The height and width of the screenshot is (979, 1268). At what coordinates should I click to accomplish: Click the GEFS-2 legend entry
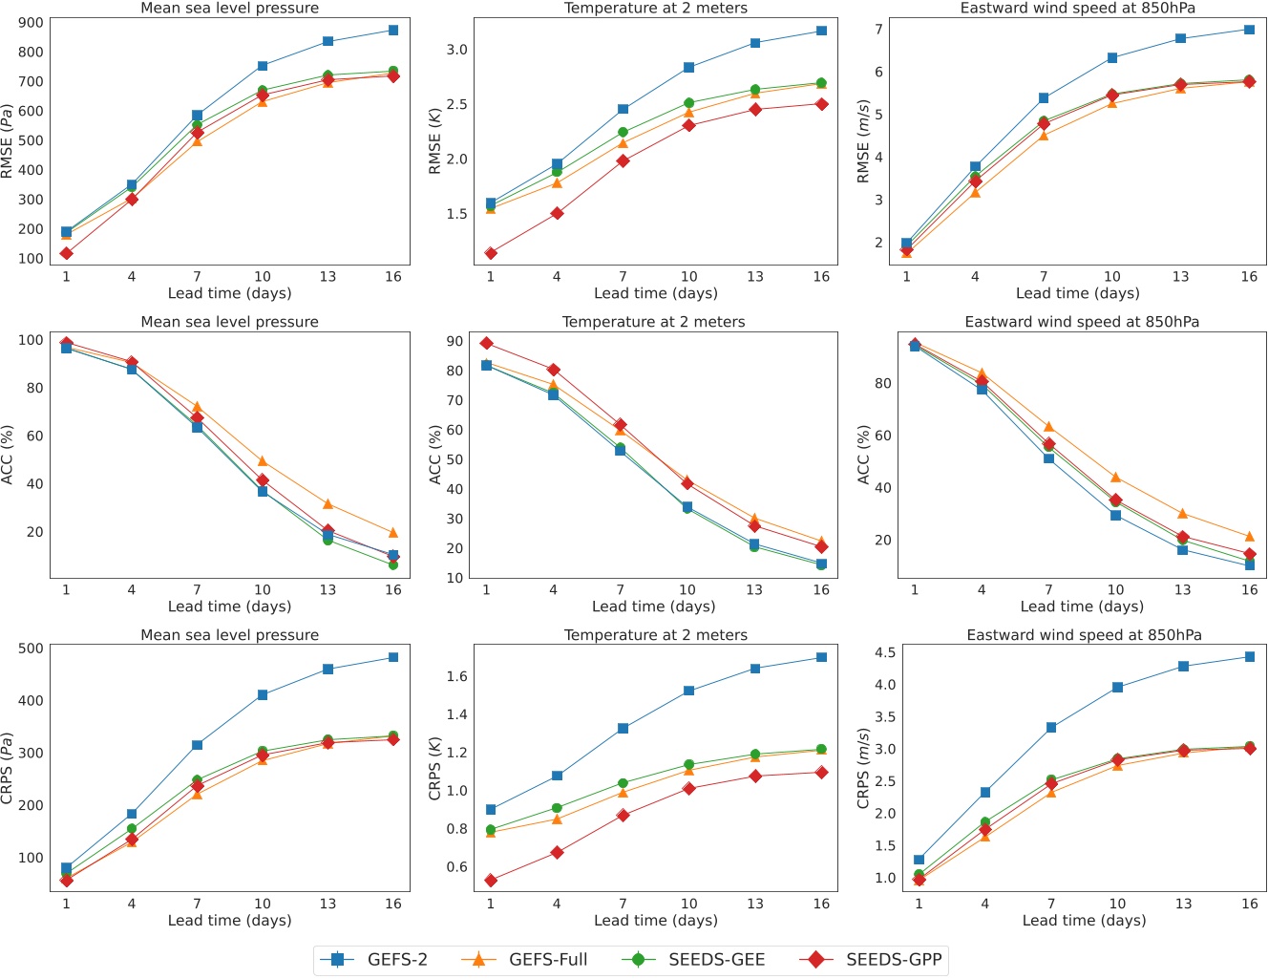(x=373, y=960)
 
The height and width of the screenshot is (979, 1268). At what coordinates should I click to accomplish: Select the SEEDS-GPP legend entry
(x=877, y=960)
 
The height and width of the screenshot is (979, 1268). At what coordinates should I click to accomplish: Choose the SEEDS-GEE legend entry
(x=697, y=960)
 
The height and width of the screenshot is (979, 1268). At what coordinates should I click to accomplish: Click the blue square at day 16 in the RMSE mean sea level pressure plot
(x=393, y=31)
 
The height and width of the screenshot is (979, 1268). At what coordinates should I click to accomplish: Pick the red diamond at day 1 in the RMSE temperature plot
(x=491, y=253)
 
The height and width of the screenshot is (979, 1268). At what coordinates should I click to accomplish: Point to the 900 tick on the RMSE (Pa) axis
(x=31, y=23)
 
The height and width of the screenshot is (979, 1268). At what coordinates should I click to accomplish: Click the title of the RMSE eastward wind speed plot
(x=1077, y=9)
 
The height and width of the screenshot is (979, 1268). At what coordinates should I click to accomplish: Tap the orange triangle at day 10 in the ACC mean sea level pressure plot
(x=263, y=461)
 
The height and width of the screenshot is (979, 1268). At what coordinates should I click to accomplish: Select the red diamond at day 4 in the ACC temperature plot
(x=553, y=370)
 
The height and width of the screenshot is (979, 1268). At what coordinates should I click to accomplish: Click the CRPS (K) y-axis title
(x=434, y=769)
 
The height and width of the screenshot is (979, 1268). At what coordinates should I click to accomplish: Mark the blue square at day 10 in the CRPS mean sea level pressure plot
(x=263, y=695)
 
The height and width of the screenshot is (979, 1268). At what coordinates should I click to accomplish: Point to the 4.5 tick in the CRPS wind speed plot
(x=884, y=653)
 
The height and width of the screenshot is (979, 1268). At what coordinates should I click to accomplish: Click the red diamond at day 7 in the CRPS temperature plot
(x=623, y=816)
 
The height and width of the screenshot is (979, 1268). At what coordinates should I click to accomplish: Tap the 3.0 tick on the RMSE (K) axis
(x=456, y=50)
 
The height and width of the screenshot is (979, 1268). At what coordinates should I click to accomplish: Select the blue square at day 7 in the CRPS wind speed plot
(x=1051, y=728)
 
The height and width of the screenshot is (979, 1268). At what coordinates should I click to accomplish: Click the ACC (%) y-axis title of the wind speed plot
(x=863, y=455)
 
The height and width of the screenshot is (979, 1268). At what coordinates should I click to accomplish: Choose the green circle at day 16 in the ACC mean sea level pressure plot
(x=393, y=564)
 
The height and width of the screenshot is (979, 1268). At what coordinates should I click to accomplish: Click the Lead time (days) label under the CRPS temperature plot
(x=655, y=921)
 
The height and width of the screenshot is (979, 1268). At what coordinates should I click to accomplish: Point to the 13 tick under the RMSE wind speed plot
(x=1181, y=277)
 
